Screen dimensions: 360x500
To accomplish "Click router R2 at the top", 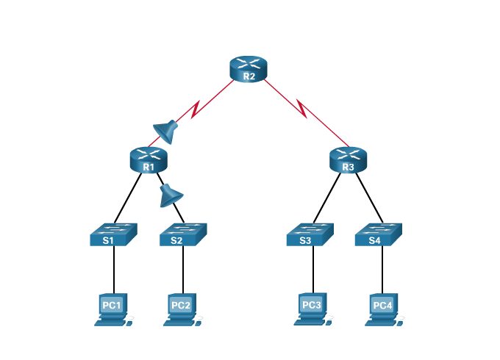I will (x=249, y=68).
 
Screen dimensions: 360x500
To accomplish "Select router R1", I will (x=149, y=159).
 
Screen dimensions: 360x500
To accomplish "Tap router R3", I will (x=348, y=159).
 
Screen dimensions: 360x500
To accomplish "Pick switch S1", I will (x=113, y=234).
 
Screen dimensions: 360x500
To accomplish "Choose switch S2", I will (x=183, y=234).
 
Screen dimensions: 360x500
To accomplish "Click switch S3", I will (x=309, y=234).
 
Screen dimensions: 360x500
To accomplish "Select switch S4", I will (x=378, y=234).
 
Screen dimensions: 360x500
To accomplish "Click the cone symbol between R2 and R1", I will (x=166, y=132).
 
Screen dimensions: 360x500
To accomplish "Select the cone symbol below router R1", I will (x=171, y=195).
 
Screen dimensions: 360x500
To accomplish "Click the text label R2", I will (x=249, y=76).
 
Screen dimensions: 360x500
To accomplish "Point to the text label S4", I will (x=374, y=240).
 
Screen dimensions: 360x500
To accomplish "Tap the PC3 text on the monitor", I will (x=311, y=304).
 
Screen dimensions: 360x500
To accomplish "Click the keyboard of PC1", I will (x=107, y=322).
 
